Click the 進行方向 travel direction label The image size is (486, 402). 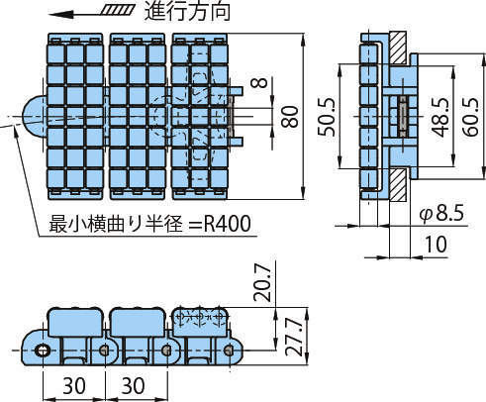tap(187, 12)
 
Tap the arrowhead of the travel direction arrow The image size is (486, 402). tap(61, 15)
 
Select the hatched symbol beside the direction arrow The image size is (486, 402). tap(117, 10)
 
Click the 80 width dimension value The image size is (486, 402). tap(290, 117)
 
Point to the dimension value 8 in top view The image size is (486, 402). tap(262, 82)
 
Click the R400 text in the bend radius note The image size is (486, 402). tap(228, 224)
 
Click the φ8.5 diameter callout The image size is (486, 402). tap(441, 213)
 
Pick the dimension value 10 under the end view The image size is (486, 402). tap(436, 244)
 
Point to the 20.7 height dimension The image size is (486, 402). tap(262, 283)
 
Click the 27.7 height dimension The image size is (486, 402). tap(294, 338)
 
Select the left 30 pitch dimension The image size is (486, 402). tap(74, 385)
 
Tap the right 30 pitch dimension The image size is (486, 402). tap(134, 385)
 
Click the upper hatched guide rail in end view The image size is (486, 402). tap(398, 49)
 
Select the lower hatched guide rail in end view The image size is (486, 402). tap(398, 185)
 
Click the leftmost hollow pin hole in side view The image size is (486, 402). tap(43, 351)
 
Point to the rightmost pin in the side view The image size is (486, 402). tap(228, 351)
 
